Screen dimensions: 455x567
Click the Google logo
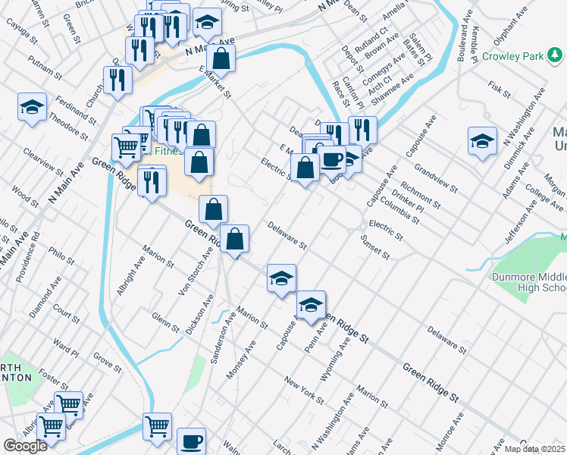point(25,446)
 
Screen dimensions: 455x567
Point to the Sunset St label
point(374,250)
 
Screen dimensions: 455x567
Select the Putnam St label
point(43,67)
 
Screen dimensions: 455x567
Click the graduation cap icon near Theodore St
point(33,106)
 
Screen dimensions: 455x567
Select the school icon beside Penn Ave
point(311,305)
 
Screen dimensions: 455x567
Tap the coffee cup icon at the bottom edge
point(191,441)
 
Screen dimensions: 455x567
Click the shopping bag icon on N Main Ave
point(221,58)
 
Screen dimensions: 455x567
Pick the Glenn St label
point(164,323)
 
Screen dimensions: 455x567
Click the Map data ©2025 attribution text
point(535,449)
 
